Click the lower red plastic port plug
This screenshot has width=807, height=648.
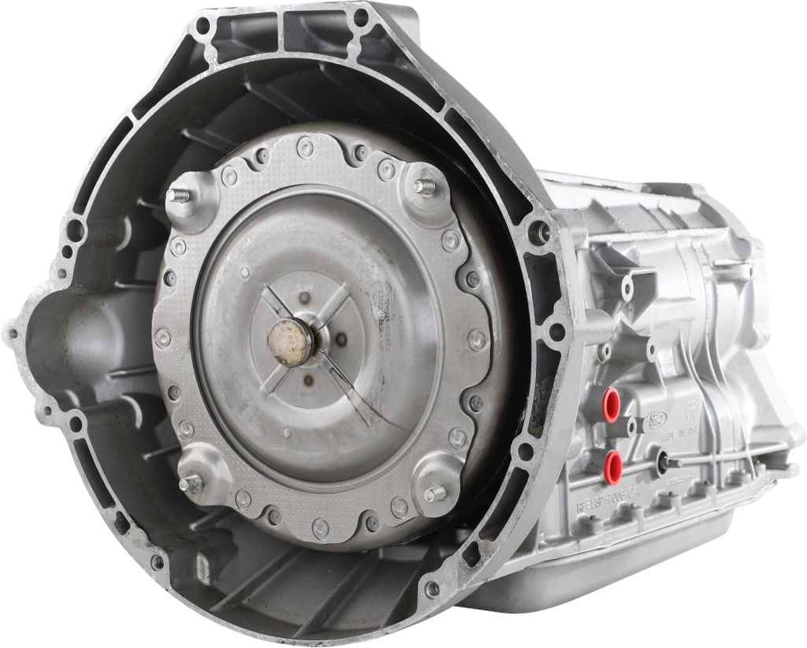click(x=612, y=466)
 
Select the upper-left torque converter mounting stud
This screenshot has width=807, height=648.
click(x=178, y=195)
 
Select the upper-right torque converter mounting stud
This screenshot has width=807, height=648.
click(x=426, y=187)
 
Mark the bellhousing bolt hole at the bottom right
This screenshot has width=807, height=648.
click(x=432, y=588)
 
